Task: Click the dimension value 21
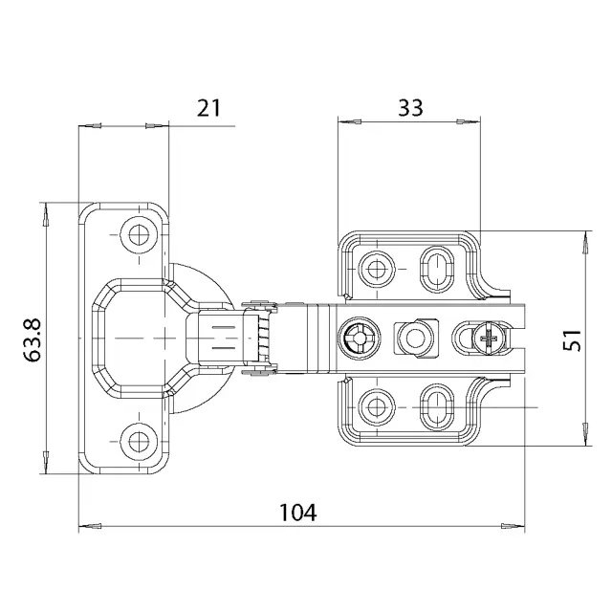tap(208, 108)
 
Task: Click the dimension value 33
tap(410, 108)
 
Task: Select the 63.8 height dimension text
tap(32, 339)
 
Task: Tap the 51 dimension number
tap(572, 340)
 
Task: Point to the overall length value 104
tap(297, 513)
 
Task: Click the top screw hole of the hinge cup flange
tap(139, 235)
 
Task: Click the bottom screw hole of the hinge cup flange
tap(139, 442)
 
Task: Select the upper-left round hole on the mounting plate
tap(376, 269)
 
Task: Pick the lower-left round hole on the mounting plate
tap(376, 407)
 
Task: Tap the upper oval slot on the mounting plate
tap(437, 269)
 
